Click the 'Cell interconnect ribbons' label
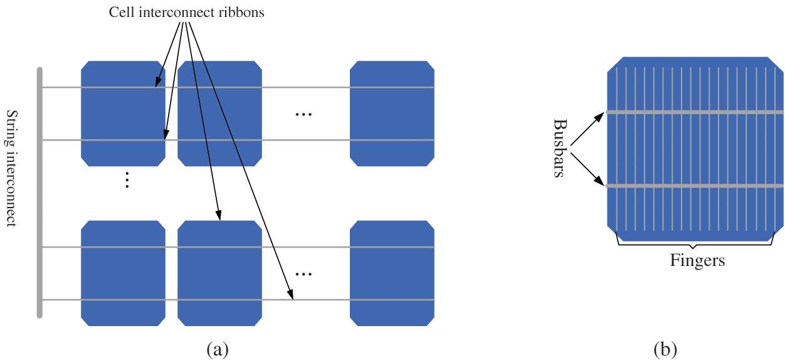pyautogui.click(x=186, y=13)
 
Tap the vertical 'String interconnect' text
pyautogui.click(x=11, y=168)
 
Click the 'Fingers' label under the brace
pyautogui.click(x=697, y=260)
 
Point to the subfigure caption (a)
pyautogui.click(x=217, y=349)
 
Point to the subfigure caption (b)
pyautogui.click(x=665, y=349)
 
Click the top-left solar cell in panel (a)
pyautogui.click(x=123, y=113)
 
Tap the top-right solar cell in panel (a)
pyautogui.click(x=392, y=113)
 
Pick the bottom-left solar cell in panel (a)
pyautogui.click(x=123, y=273)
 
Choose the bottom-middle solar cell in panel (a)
pyautogui.click(x=219, y=273)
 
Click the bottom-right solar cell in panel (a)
pyautogui.click(x=392, y=273)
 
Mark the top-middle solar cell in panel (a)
pyautogui.click(x=219, y=113)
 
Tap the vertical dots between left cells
pyautogui.click(x=127, y=180)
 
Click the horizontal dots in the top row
pyautogui.click(x=303, y=114)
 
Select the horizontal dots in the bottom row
pyautogui.click(x=303, y=274)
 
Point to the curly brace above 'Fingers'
pyautogui.click(x=696, y=243)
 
